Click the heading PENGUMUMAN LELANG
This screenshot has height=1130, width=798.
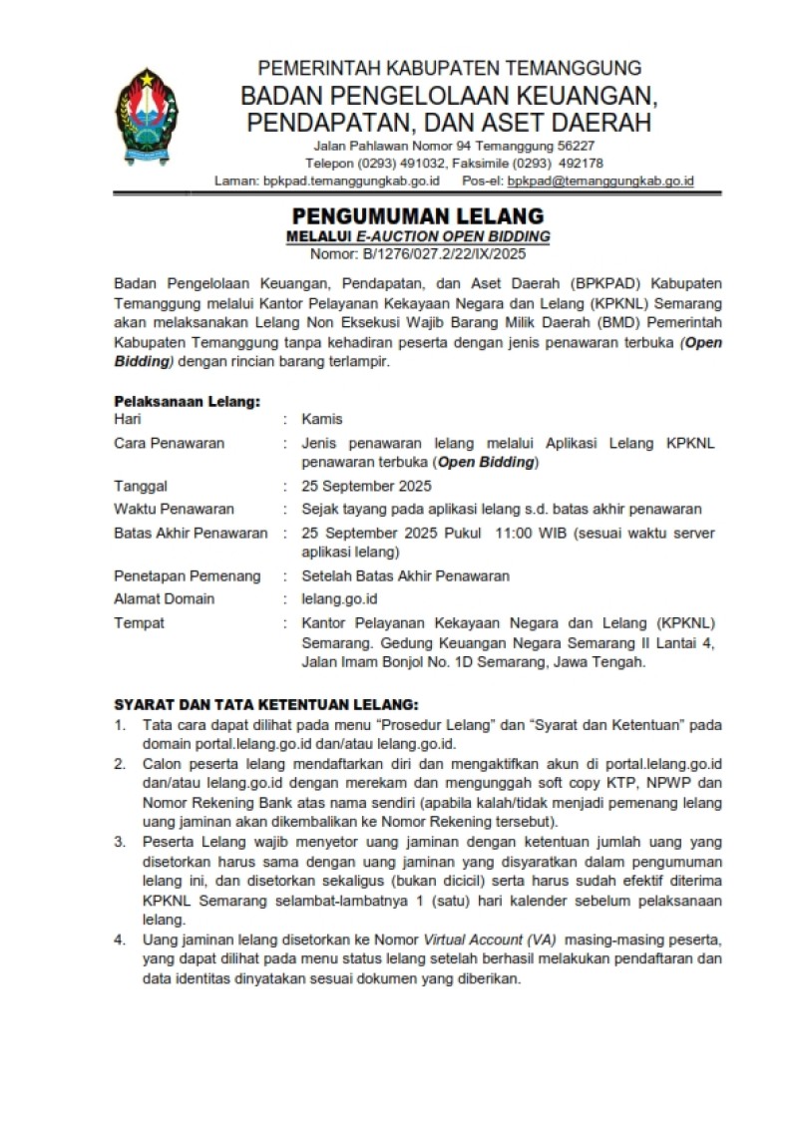point(417,215)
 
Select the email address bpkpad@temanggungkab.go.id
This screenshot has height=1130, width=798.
point(600,182)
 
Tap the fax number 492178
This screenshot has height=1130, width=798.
point(578,164)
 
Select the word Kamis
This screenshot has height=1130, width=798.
point(322,420)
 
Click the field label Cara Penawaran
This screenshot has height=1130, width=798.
point(169,443)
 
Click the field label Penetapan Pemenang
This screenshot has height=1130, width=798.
point(188,575)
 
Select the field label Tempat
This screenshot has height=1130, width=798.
point(140,623)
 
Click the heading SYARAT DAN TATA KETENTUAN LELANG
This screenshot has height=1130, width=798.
point(266,703)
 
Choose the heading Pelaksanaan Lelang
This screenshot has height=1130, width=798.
point(188,402)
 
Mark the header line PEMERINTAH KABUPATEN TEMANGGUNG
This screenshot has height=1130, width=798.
point(450,68)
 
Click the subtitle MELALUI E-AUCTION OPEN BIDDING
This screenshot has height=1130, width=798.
point(418,236)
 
